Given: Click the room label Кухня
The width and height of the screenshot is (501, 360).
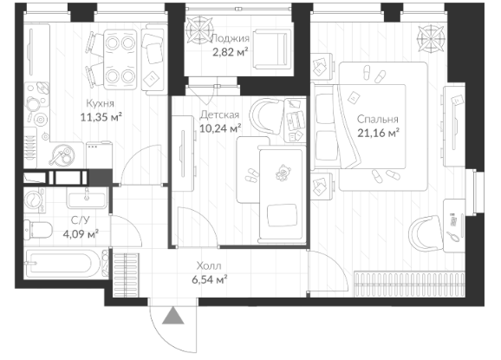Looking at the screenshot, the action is pos(100,103).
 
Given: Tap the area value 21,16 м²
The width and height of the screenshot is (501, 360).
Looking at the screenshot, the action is pos(378,133).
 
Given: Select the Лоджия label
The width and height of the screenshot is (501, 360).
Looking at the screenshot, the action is pos(230,39).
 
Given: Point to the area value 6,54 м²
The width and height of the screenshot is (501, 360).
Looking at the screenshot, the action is pos(209,279).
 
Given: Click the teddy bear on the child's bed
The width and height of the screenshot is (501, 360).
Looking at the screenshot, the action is pos(283,173).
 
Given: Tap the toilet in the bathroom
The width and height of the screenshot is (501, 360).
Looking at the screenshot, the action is pos(38,230).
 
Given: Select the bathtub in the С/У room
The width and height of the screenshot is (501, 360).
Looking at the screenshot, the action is pos(66,264).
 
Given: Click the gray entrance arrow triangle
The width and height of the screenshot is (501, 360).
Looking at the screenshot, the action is pos(172,315).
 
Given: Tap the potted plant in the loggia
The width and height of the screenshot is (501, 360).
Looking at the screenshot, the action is pos(199,29).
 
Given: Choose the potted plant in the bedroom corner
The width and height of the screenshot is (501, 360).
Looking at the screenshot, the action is pos(431,38).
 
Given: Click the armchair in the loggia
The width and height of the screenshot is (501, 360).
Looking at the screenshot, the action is pos(272,49).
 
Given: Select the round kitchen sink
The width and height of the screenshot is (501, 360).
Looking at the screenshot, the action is pos(62,154).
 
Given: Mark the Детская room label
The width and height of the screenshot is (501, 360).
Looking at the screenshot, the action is pos(219,115).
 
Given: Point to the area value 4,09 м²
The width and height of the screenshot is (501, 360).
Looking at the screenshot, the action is pos(81,234).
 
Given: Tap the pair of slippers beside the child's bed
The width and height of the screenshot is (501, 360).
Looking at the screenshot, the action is pos(251,175).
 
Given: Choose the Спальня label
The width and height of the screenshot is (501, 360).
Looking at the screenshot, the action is pos(378,119).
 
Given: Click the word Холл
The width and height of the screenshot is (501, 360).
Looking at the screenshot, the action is pos(209,265).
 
